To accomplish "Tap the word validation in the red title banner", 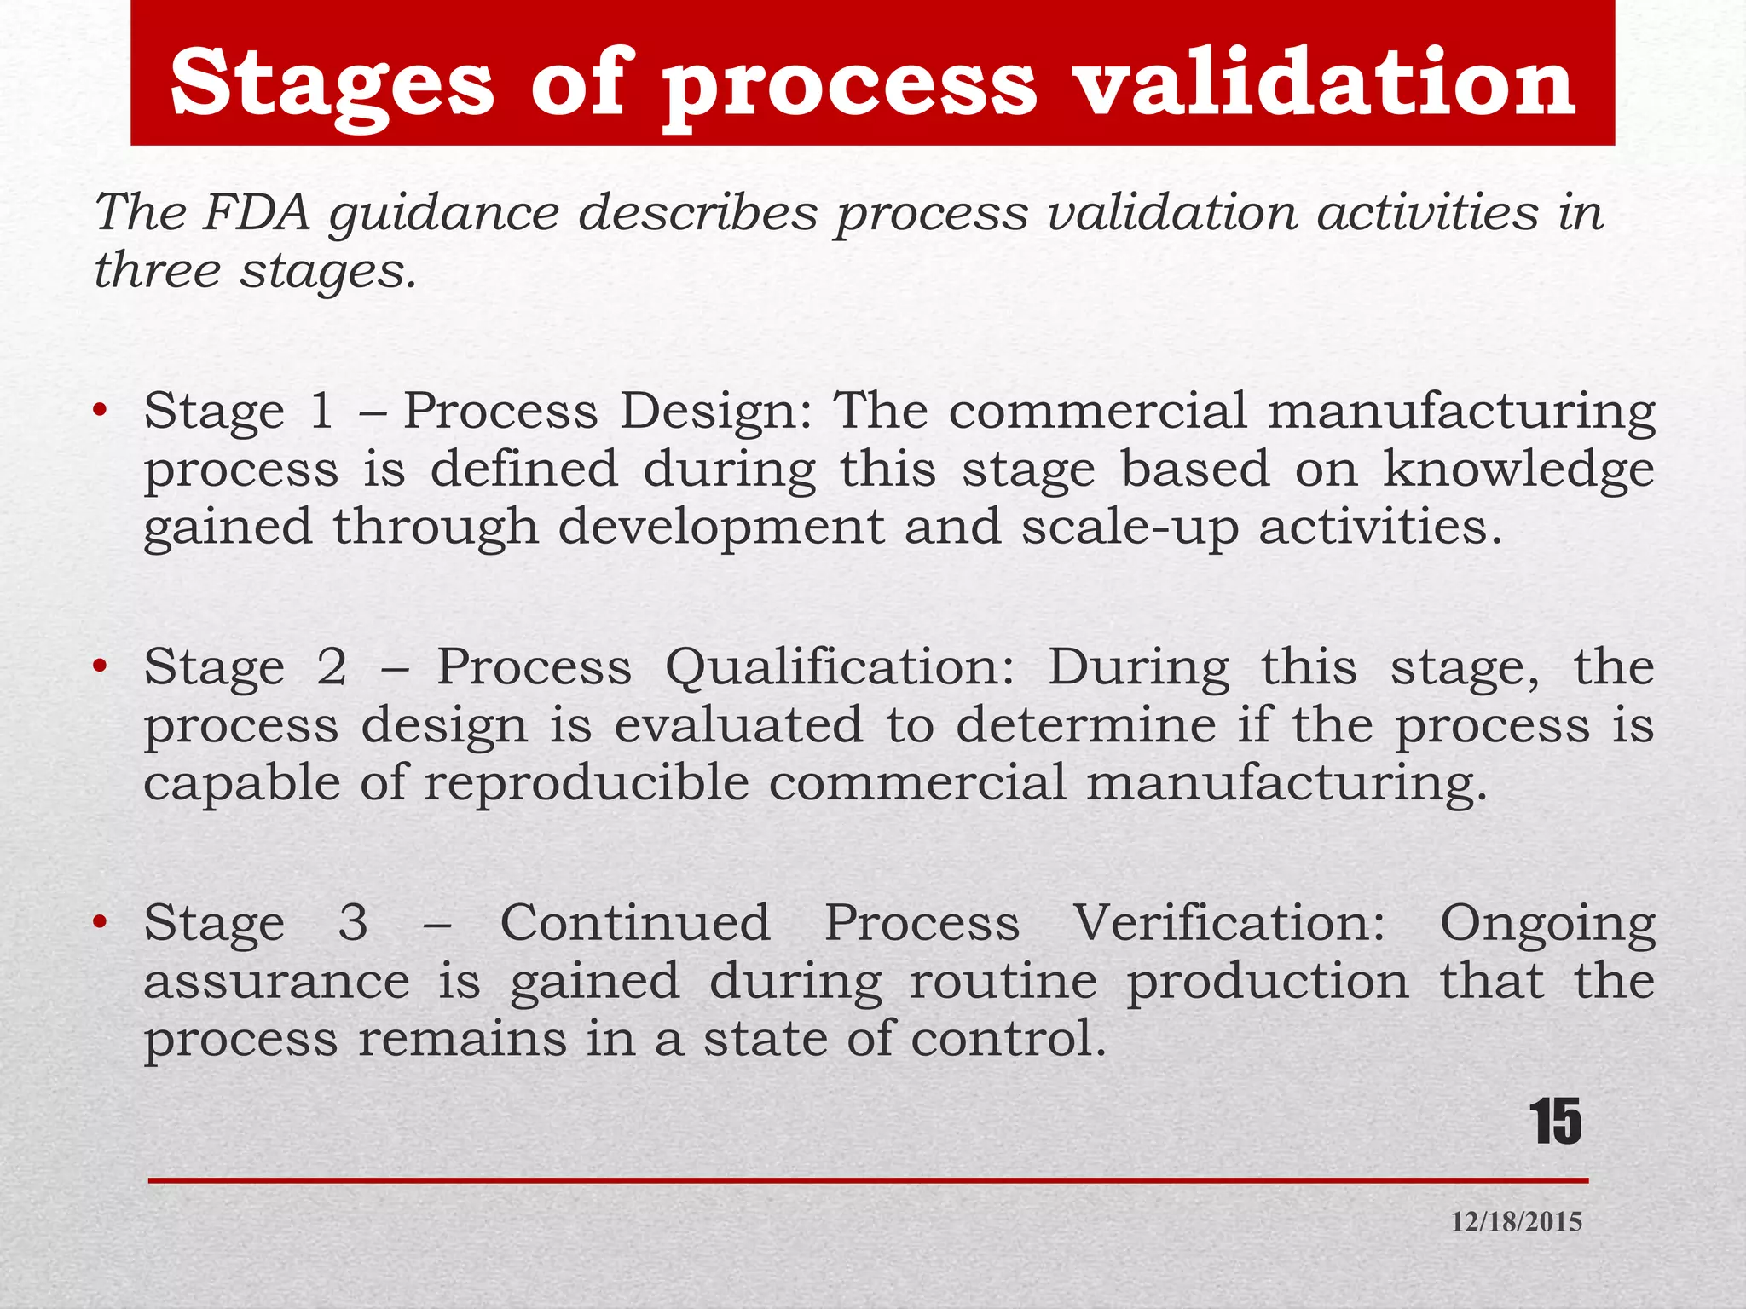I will (1326, 83).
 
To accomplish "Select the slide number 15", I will (1555, 1122).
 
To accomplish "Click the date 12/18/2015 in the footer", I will (1516, 1222).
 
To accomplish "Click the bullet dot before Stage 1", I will (101, 412).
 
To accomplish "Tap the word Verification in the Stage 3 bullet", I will (1229, 923).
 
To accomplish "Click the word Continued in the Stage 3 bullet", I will (635, 923).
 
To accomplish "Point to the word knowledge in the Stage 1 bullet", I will (1518, 471).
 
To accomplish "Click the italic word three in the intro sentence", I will (158, 271).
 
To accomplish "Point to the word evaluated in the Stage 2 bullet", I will (738, 726).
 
